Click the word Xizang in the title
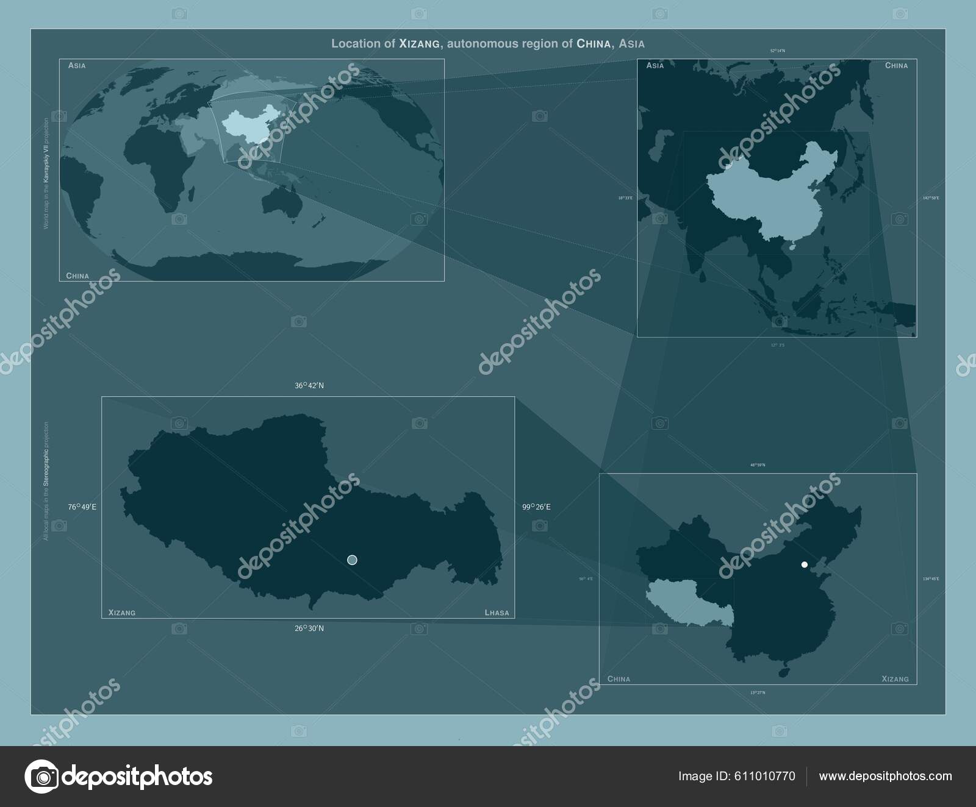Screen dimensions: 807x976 tap(418, 44)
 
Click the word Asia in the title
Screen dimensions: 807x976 tap(631, 44)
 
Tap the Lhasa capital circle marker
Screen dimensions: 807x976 tap(352, 560)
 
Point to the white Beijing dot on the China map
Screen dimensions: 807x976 tap(805, 564)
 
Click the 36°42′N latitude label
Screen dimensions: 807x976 tap(309, 386)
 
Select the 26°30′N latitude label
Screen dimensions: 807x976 tap(309, 628)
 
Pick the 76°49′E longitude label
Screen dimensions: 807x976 tap(82, 507)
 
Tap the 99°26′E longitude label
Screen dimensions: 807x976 tap(536, 507)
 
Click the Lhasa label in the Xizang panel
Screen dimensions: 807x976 tap(497, 613)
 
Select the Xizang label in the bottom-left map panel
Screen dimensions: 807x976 tap(122, 613)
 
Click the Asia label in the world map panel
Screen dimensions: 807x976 tap(77, 65)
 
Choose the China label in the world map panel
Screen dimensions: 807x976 tap(77, 276)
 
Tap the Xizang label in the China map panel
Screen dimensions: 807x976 tap(895, 679)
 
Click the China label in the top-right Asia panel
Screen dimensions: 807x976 tap(896, 66)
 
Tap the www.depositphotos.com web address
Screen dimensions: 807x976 tap(885, 777)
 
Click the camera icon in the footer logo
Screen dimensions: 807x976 tap(41, 777)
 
